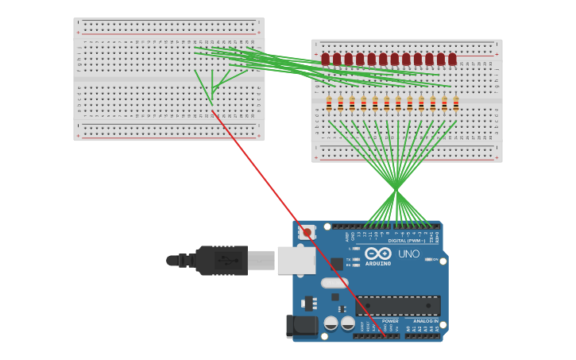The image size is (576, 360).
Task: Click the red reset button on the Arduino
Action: pyautogui.click(x=307, y=233)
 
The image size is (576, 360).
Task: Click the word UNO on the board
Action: pyautogui.click(x=408, y=254)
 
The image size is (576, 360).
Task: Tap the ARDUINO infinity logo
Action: pyautogui.click(x=377, y=253)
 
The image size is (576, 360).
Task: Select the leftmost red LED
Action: pyautogui.click(x=325, y=59)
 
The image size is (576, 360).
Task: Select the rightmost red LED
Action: pyautogui.click(x=452, y=59)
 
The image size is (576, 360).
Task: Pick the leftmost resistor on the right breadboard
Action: pyautogui.click(x=329, y=103)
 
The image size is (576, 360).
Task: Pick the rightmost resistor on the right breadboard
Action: pyautogui.click(x=456, y=103)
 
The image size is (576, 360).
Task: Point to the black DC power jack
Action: pyautogui.click(x=301, y=326)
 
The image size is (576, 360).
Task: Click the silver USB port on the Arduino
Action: pyautogui.click(x=296, y=260)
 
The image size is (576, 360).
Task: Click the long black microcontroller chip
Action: pyautogui.click(x=397, y=305)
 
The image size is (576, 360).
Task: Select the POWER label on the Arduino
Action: pyautogui.click(x=390, y=321)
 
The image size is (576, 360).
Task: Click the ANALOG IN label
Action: pyautogui.click(x=425, y=321)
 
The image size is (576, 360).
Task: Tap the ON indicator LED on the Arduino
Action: pyautogui.click(x=429, y=259)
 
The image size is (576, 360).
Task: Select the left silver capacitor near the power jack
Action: pyautogui.click(x=331, y=323)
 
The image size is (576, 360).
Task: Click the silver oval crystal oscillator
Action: pyautogui.click(x=334, y=282)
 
